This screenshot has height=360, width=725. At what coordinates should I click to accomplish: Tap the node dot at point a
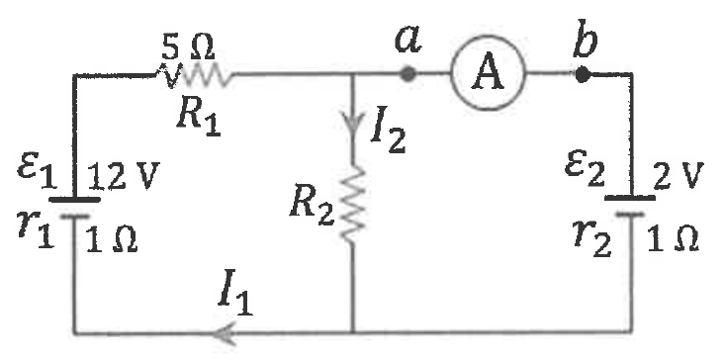click(x=407, y=73)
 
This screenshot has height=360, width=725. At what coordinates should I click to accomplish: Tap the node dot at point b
click(x=583, y=74)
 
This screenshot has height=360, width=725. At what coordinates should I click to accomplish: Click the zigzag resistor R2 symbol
click(x=354, y=204)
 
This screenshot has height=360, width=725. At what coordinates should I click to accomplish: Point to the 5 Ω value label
click(x=188, y=47)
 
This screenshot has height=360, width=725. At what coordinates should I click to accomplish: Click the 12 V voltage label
click(x=124, y=176)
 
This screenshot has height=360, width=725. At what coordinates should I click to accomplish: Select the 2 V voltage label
click(x=679, y=176)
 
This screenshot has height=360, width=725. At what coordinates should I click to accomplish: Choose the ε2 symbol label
click(x=585, y=172)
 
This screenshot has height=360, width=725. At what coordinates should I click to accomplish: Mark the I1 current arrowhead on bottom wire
click(x=227, y=333)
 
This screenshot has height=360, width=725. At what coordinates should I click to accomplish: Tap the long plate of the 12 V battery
click(x=74, y=200)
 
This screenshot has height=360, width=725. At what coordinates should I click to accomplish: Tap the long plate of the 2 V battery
click(x=630, y=198)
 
